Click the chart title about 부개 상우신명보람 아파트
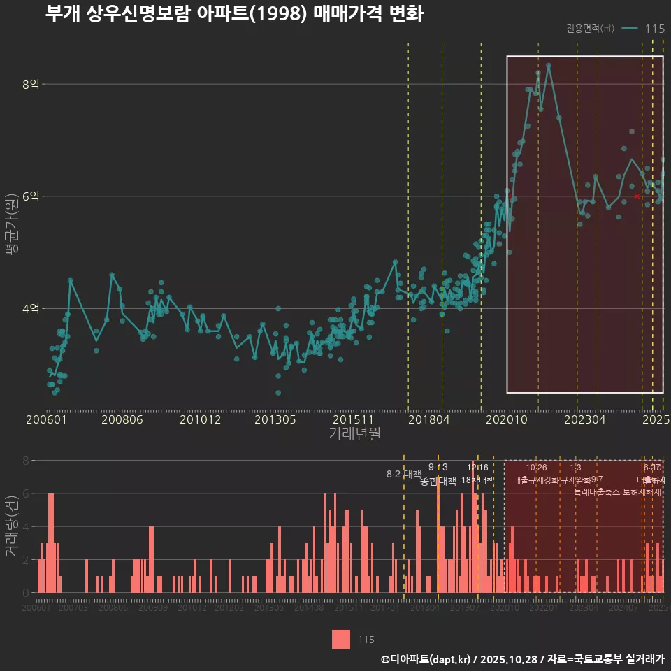coord(234,14)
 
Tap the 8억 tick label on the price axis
coord(31,85)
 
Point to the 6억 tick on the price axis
coord(31,196)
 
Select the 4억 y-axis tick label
coord(31,308)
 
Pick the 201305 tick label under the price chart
coord(275,420)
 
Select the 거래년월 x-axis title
coord(354,434)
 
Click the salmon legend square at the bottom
coord(341,639)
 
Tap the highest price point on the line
coord(549,65)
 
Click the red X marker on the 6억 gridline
coord(637,196)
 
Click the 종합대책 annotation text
coord(438,481)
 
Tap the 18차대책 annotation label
coord(478,480)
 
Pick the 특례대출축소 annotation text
coord(598,491)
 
